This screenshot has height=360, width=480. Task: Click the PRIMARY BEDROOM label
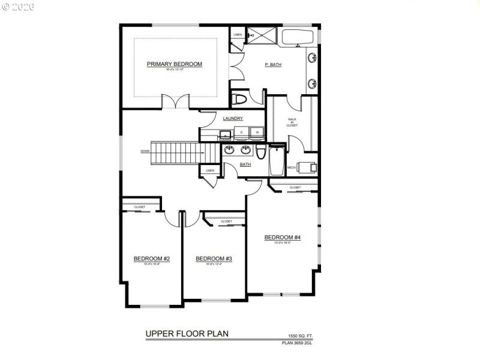tap(175, 64)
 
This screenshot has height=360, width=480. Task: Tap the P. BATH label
tap(273, 65)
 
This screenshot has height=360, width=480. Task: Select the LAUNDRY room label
tap(233, 119)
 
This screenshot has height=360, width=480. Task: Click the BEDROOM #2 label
tap(152, 259)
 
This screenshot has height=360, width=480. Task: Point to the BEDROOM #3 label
tap(214, 259)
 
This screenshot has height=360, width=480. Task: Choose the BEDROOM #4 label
tap(282, 238)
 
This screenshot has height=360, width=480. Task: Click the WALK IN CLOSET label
tap(292, 122)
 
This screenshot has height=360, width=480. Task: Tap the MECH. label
tap(291, 167)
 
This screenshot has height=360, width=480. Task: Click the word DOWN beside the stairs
tap(145, 151)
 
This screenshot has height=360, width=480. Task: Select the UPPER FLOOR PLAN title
tap(187, 333)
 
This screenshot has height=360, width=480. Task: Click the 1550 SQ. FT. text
tap(301, 336)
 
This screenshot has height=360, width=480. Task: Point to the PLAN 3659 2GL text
tap(297, 343)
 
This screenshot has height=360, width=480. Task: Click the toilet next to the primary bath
tap(240, 99)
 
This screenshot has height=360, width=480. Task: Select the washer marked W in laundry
tap(256, 132)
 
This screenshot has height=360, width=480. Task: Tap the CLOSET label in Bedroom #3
tap(226, 221)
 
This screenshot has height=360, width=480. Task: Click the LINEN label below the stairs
tap(209, 171)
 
